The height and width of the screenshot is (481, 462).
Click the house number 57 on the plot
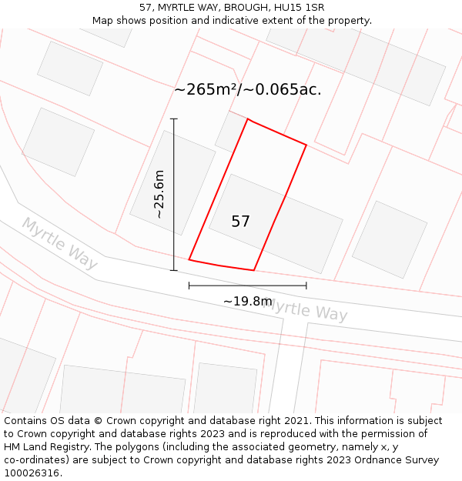click(240, 222)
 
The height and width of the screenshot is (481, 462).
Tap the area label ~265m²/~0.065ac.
click(247, 89)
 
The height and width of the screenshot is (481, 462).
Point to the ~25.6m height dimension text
click(159, 194)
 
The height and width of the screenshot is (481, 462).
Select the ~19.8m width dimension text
click(248, 301)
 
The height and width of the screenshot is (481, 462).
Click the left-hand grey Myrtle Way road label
click(59, 243)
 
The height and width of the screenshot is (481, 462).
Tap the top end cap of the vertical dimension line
click(174, 119)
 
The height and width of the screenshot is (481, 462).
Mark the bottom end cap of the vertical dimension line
click(174, 270)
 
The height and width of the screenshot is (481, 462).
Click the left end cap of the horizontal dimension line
click(189, 286)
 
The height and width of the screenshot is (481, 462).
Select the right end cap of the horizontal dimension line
click(306, 286)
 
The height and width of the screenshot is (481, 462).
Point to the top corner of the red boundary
click(247, 119)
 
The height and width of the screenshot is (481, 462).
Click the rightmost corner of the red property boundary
click(306, 145)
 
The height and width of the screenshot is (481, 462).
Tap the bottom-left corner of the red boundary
click(189, 260)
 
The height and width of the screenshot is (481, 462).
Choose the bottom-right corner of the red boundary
click(254, 270)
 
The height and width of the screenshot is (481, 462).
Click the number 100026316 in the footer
click(30, 473)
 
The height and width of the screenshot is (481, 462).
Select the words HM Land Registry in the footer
click(44, 447)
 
